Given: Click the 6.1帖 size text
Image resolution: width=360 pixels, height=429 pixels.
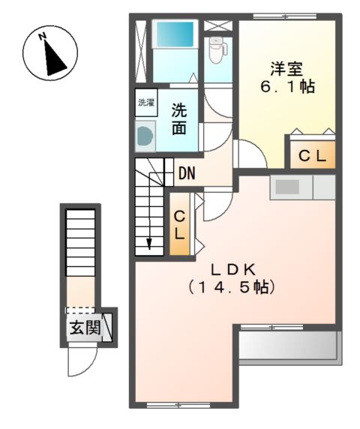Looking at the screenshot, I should [x=286, y=87].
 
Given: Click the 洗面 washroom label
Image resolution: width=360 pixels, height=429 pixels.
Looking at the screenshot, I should [x=178, y=118].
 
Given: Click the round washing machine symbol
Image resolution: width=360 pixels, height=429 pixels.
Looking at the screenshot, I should [x=144, y=136].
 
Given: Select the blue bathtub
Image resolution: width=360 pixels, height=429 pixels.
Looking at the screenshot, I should [x=174, y=35].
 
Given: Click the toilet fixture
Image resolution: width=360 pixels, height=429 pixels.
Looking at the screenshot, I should [x=217, y=49].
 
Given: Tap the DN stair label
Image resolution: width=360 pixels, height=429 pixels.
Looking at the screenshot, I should [x=187, y=174].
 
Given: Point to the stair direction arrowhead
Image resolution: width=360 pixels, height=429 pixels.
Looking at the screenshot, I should [x=148, y=243].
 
